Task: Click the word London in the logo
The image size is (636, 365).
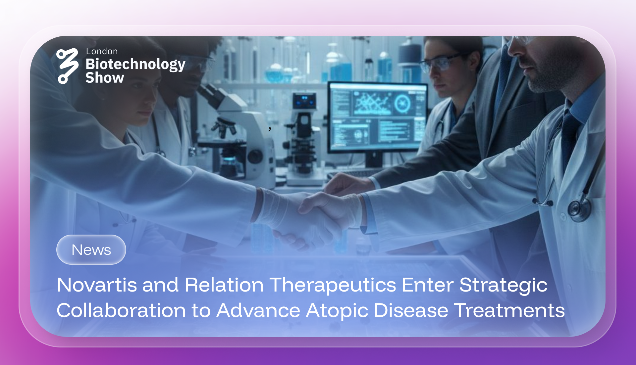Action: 102,51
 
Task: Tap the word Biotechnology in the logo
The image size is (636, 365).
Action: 135,64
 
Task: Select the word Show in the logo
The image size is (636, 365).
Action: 105,78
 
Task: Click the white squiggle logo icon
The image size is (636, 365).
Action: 67,66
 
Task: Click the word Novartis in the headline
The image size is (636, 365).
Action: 97,285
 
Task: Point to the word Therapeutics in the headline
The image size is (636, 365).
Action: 333,285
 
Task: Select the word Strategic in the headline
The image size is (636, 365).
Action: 503,285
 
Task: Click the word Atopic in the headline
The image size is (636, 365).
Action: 337,311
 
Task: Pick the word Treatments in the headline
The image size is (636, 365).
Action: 509,311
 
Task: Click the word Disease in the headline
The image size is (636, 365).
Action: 411,311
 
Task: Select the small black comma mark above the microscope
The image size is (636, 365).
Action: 270,129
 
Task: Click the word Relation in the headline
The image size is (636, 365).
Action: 224,285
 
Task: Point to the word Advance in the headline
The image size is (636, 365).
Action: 258,311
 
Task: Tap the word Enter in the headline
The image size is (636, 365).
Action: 427,285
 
